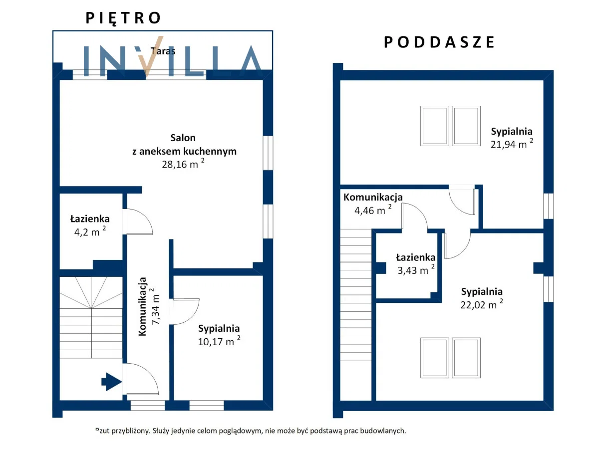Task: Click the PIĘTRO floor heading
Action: (x=123, y=18)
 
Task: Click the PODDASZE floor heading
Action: (x=439, y=42)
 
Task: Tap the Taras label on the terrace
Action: (x=163, y=51)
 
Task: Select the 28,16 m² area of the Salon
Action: (x=183, y=164)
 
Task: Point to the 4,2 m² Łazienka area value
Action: (x=90, y=231)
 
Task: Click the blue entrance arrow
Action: (x=112, y=382)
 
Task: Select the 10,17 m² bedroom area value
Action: (x=219, y=341)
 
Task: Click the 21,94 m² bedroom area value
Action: (x=512, y=144)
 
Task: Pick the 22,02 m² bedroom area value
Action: (x=482, y=304)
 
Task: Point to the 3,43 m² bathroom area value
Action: (x=416, y=270)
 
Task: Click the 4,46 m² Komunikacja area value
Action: (x=373, y=210)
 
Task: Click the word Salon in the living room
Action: (x=183, y=138)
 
